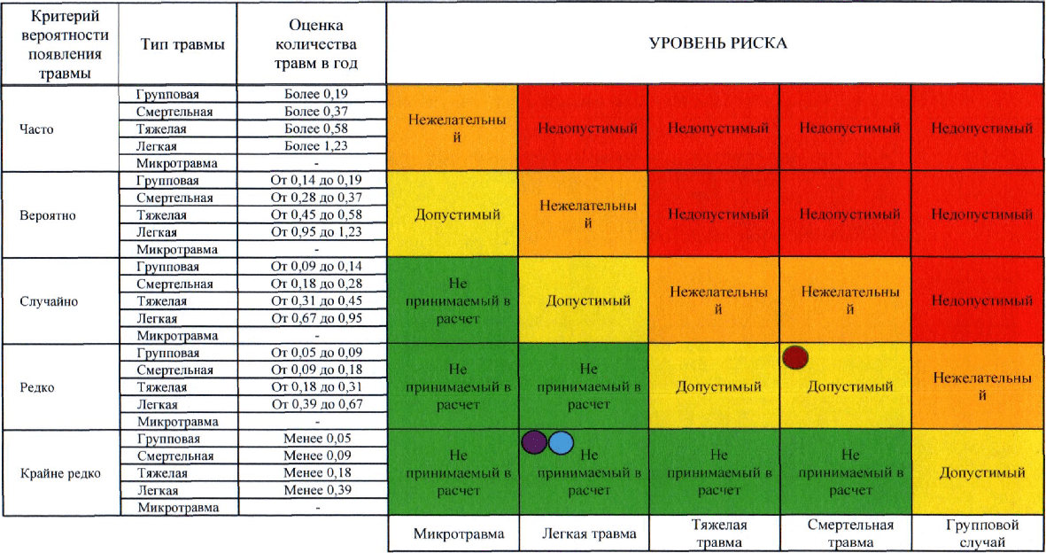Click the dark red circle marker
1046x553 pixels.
click(796, 356)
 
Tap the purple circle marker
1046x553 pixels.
click(534, 442)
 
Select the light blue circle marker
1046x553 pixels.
click(561, 442)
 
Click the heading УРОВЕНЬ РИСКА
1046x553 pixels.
click(717, 43)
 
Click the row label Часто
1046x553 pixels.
click(36, 129)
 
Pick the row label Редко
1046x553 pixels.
click(36, 387)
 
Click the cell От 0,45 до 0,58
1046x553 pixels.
click(316, 215)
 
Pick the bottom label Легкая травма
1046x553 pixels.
click(583, 534)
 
